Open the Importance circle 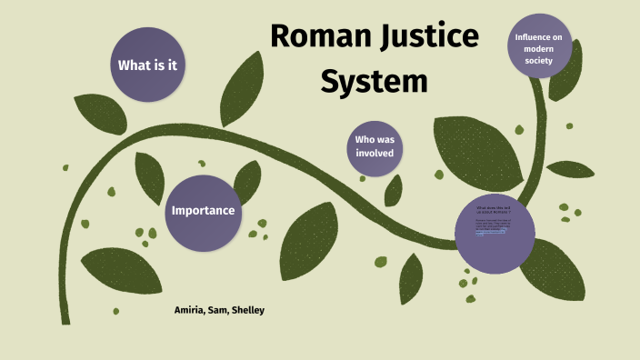click(x=203, y=211)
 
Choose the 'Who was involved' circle click(x=374, y=146)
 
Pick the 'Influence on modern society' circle click(x=540, y=46)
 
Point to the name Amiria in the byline click(x=192, y=311)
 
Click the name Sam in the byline click(x=224, y=311)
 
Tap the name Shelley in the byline click(x=251, y=311)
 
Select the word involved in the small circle click(x=374, y=154)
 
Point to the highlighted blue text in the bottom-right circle click(x=492, y=233)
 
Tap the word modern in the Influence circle click(x=540, y=47)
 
